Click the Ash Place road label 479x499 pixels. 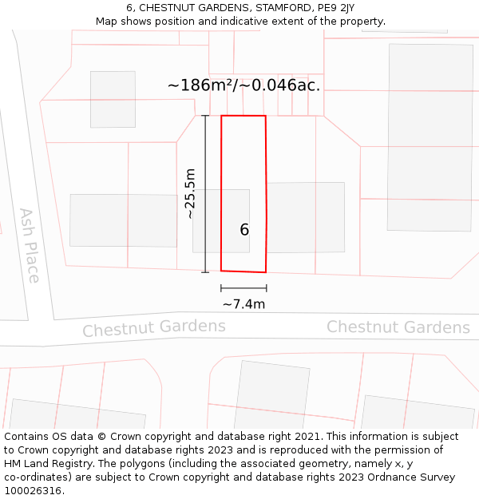[x=30, y=245]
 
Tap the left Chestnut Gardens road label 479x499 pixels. [x=154, y=327]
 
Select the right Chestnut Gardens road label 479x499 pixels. [x=398, y=327]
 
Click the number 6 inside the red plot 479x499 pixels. [x=244, y=230]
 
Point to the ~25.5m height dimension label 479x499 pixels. [x=190, y=193]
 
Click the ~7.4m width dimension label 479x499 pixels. [x=243, y=304]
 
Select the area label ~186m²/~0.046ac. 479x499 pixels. [x=244, y=85]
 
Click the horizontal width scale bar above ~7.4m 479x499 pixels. [x=243, y=288]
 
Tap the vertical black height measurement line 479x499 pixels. [x=205, y=193]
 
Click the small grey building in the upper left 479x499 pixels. [x=113, y=99]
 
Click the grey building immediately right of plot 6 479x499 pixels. [x=306, y=217]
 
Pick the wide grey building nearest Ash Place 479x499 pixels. [x=123, y=220]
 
